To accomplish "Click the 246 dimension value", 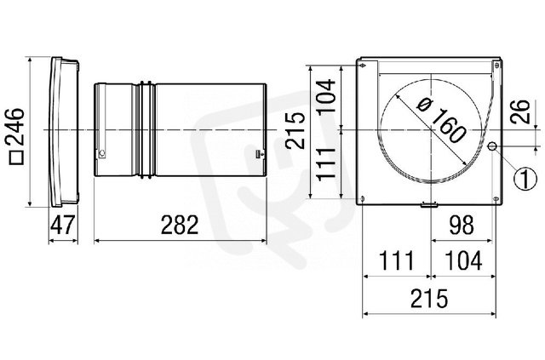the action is point(16,127).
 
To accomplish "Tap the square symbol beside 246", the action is point(16,157).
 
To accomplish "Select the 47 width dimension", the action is point(62,225).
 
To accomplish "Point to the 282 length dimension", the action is point(180,225).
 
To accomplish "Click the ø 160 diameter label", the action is point(441,121).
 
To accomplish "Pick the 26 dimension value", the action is point(520,111).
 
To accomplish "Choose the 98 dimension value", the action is point(462,225).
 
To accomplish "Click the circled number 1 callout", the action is point(525,179).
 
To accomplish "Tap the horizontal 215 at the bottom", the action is point(429,298).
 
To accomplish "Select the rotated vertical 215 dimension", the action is point(295,131).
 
